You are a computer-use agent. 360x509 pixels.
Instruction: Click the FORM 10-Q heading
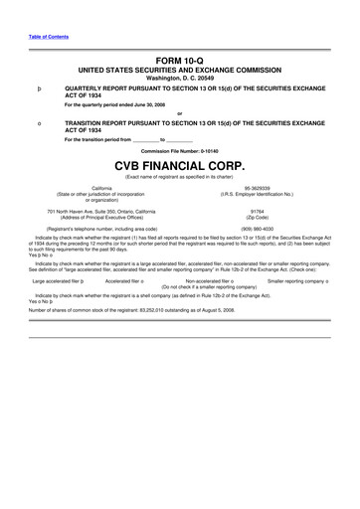click(179, 62)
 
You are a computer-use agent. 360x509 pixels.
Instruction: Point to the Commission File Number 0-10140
click(180, 150)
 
